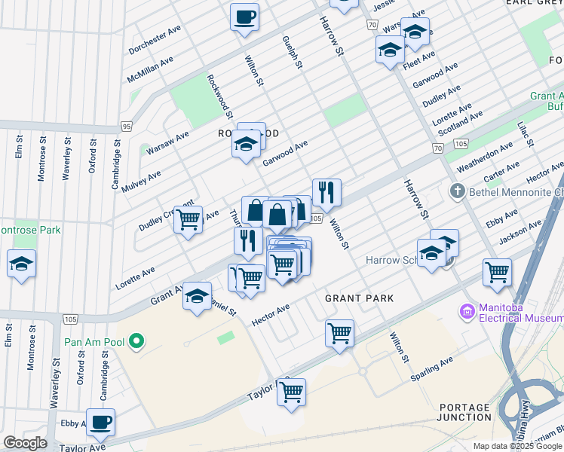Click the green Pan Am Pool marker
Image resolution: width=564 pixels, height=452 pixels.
pyautogui.click(x=136, y=342)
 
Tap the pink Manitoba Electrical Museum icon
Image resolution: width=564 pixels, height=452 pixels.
pyautogui.click(x=467, y=310)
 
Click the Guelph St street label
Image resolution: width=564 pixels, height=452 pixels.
pyautogui.click(x=292, y=53)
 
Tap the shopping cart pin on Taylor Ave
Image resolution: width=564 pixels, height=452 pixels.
pyautogui.click(x=291, y=392)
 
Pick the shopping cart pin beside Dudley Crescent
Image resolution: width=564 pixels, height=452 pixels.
pyautogui.click(x=188, y=220)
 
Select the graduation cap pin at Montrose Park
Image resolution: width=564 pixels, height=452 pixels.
pyautogui.click(x=20, y=264)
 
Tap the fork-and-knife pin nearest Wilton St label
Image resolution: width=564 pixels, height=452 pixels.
pyautogui.click(x=326, y=192)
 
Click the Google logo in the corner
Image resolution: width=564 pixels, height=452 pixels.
pyautogui.click(x=25, y=443)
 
